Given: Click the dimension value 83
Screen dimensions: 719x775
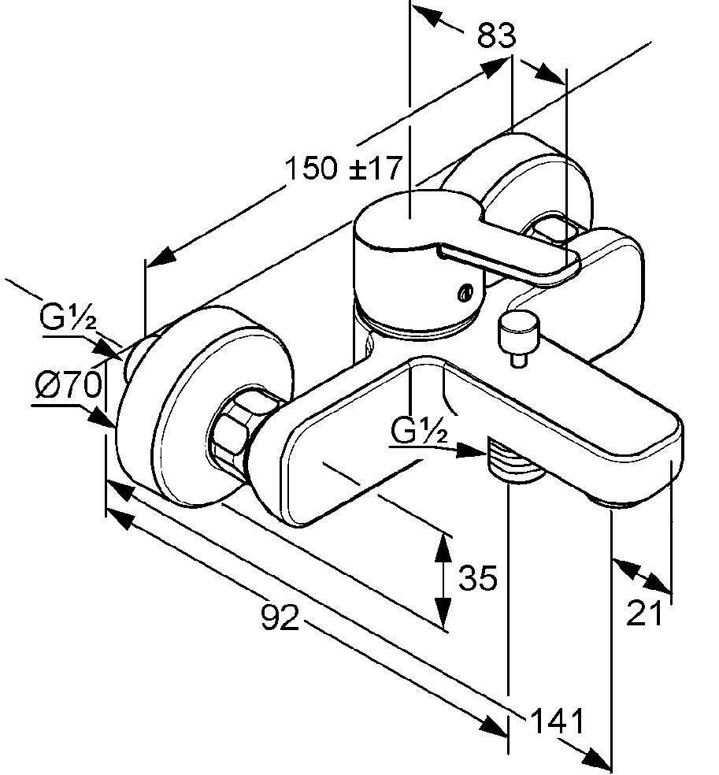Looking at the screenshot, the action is (496, 36).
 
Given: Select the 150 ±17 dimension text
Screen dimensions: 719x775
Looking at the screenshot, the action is (343, 168).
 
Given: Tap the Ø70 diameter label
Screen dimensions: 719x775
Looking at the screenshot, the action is (69, 384).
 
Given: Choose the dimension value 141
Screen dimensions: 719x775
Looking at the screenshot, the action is (558, 721).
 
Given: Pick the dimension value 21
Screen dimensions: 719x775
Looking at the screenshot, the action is (644, 614).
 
